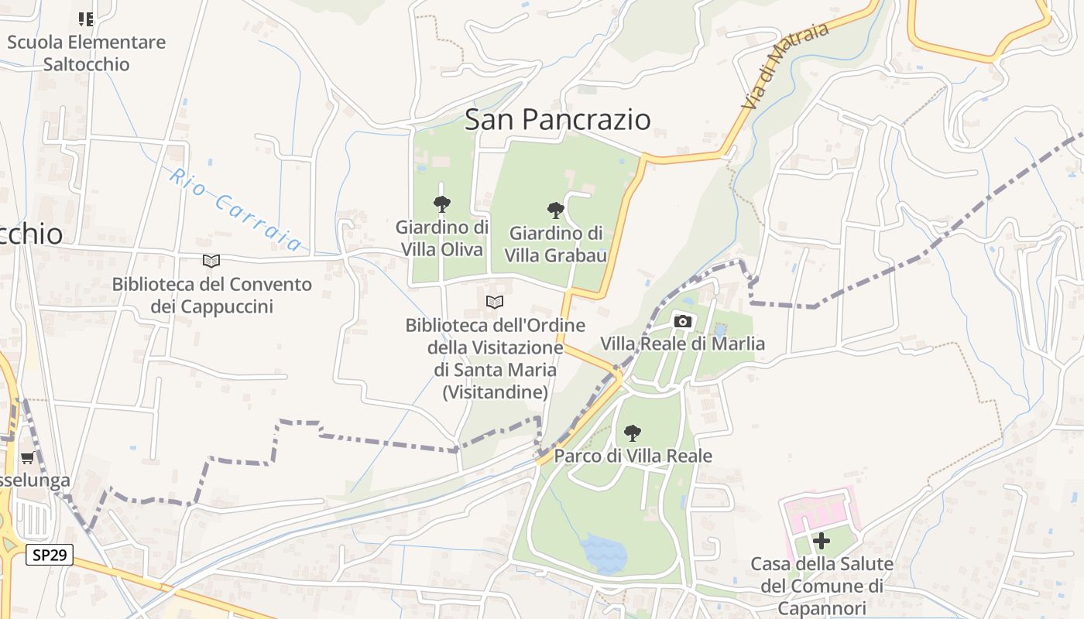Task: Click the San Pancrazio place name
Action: click(x=557, y=119)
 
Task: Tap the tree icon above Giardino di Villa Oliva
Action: click(x=442, y=205)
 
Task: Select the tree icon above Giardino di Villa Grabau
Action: click(x=555, y=210)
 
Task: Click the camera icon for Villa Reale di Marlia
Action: click(x=682, y=321)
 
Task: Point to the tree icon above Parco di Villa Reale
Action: click(x=633, y=433)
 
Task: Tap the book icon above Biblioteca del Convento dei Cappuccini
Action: click(x=211, y=262)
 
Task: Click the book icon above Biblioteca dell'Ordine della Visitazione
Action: click(x=495, y=302)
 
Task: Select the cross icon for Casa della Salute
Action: click(x=822, y=541)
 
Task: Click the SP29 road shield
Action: click(x=50, y=555)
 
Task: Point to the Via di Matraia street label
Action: click(x=785, y=65)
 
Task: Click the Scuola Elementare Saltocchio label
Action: click(x=86, y=53)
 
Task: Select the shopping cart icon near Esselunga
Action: click(x=28, y=458)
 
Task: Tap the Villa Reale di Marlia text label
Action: click(x=683, y=344)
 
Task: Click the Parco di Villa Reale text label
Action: click(x=633, y=456)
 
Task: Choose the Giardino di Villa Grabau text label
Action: click(x=555, y=244)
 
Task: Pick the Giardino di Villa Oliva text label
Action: click(x=442, y=238)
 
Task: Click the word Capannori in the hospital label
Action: click(x=822, y=607)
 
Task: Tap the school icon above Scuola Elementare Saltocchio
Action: click(x=86, y=19)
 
